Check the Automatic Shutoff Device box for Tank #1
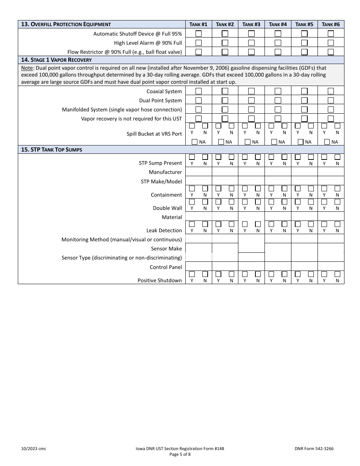tap(199, 34)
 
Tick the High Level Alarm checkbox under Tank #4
tap(278, 43)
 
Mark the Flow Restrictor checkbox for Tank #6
tap(331, 52)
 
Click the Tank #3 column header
tap(251, 24)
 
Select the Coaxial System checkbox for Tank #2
tap(225, 91)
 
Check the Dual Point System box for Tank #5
tap(304, 100)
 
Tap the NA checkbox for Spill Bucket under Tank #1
tap(195, 142)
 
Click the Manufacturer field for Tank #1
tap(199, 172)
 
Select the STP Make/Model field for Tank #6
tap(331, 181)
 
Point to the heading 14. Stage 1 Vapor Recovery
tap(56, 60)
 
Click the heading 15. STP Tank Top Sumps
tap(52, 150)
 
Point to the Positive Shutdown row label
tap(160, 280)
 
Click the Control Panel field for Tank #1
tap(199, 267)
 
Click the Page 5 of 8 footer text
tap(180, 455)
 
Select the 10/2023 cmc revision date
tap(33, 449)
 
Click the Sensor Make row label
tap(166, 249)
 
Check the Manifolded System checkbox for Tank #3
tap(251, 109)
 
